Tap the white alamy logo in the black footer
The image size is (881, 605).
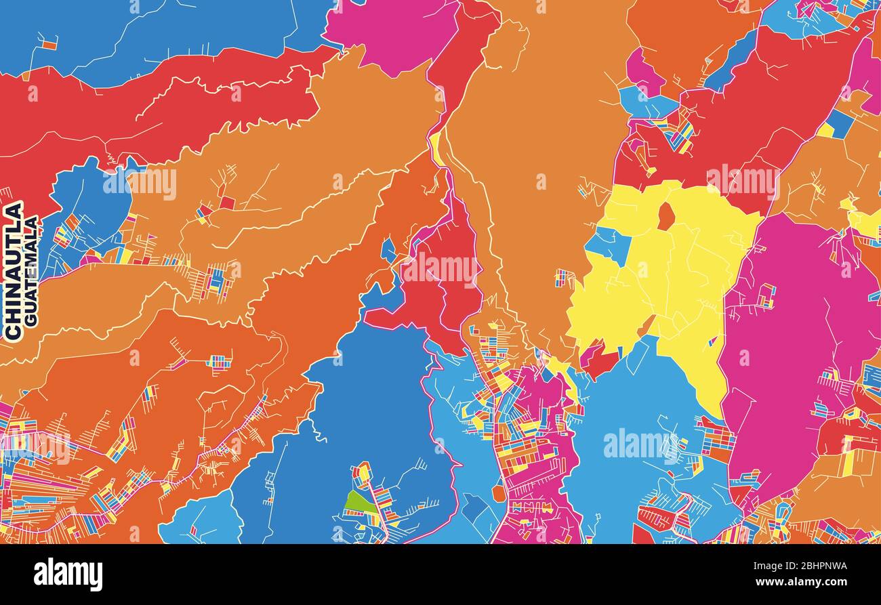tap(68, 574)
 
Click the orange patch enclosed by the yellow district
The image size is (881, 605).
tap(666, 216)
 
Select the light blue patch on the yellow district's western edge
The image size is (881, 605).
tap(608, 245)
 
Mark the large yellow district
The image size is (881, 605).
tap(671, 285)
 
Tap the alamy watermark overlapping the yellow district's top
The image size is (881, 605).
tap(743, 182)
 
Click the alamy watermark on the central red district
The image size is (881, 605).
tap(439, 270)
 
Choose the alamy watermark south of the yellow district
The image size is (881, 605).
tap(640, 444)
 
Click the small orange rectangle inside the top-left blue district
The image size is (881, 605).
tap(49, 45)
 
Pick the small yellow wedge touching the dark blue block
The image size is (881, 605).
tap(825, 130)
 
